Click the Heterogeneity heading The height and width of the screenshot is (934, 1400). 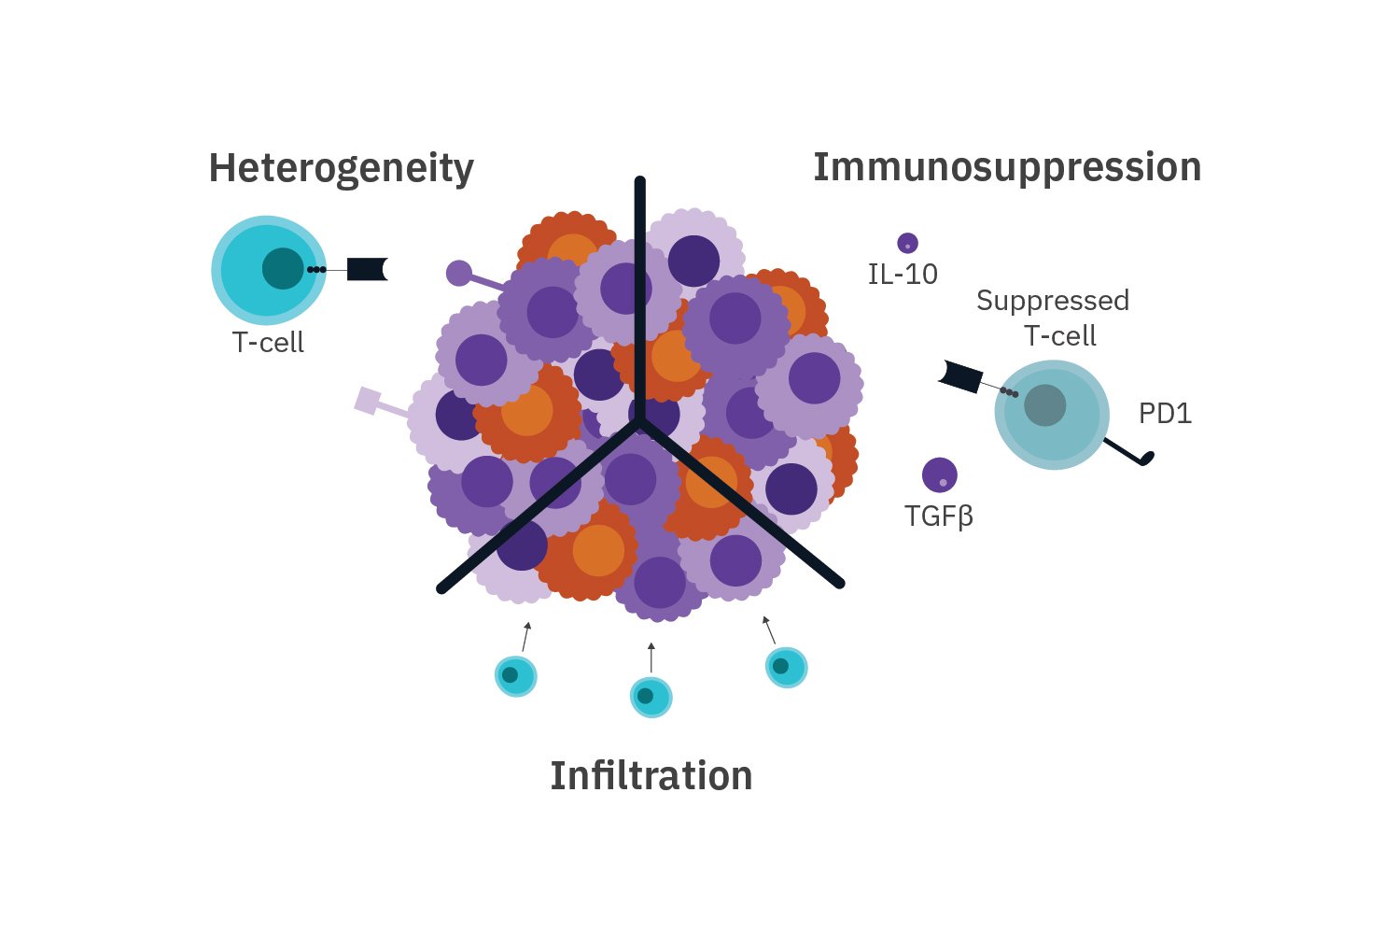point(341,169)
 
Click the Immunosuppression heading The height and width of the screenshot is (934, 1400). point(1007,167)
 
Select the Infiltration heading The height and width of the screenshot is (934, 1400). point(651,776)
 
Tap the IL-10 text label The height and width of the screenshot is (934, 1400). point(903,275)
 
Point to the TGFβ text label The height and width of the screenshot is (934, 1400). point(939,516)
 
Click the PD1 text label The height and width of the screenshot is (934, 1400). point(1165,414)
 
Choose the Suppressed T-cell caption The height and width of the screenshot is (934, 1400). point(1054,318)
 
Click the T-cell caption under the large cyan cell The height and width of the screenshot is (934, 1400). point(268,343)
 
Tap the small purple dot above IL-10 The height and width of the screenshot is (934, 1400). point(907,244)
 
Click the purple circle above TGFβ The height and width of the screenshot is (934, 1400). point(939,475)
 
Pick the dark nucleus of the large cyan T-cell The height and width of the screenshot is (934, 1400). point(282,269)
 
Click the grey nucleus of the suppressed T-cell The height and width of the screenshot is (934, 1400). point(1044,405)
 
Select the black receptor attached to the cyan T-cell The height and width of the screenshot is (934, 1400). point(366,269)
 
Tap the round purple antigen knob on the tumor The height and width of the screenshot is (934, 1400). point(459,273)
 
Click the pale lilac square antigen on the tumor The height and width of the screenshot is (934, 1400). point(368,401)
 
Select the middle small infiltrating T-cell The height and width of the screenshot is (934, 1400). point(651,697)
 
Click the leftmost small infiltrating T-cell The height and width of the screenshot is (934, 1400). point(515,675)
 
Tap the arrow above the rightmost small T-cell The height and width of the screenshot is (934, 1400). point(769,630)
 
